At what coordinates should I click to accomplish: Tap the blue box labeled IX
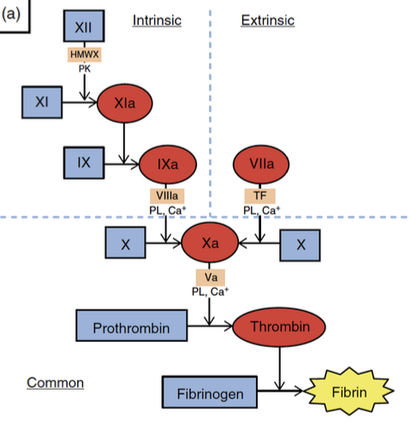coord(83,159)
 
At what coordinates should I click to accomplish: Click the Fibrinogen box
coord(211,395)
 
